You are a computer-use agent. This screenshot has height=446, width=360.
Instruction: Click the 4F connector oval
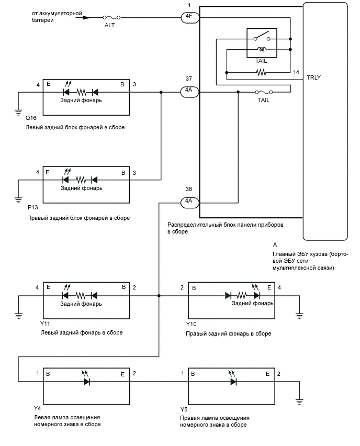(x=188, y=17)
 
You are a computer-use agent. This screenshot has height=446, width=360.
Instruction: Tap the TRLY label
(x=314, y=77)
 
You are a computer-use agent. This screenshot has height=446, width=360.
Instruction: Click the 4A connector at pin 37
(x=188, y=91)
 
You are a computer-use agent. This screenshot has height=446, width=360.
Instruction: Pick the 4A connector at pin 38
(x=188, y=201)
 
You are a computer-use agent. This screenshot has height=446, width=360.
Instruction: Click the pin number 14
(x=296, y=72)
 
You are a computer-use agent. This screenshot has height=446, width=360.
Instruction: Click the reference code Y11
(x=45, y=324)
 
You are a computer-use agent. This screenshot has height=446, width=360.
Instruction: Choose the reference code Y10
(x=192, y=325)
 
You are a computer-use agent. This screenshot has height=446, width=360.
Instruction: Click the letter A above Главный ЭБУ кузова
(x=275, y=244)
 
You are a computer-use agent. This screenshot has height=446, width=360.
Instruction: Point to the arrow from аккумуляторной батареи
(x=84, y=17)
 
